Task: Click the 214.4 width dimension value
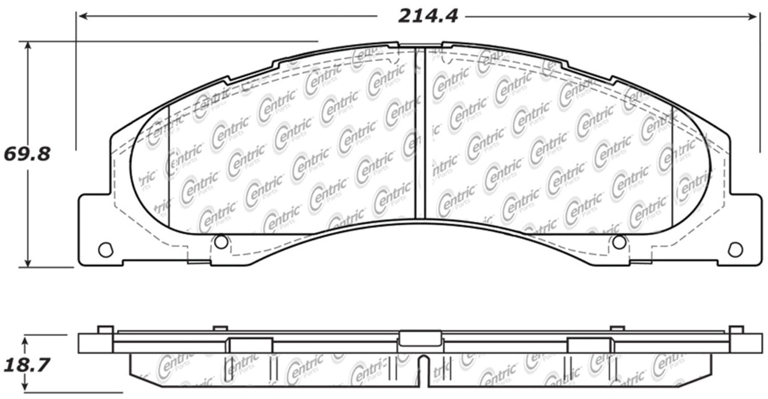(428, 16)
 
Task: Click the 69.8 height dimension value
(27, 154)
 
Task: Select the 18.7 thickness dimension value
(27, 365)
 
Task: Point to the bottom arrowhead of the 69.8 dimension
(28, 261)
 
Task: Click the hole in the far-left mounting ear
(105, 250)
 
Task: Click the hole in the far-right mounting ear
(735, 250)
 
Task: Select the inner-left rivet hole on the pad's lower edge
(221, 242)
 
